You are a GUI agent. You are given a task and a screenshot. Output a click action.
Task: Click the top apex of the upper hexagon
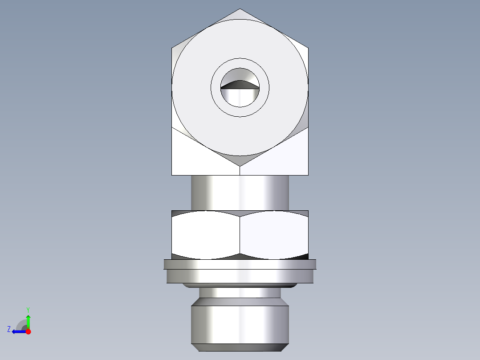coord(240,9)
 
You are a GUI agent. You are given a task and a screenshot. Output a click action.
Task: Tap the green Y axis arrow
coord(28,320)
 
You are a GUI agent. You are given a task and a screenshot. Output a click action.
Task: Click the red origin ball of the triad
coord(28,331)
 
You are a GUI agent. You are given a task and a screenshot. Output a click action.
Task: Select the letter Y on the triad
coord(28,309)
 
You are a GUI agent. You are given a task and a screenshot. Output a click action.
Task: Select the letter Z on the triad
coord(9,329)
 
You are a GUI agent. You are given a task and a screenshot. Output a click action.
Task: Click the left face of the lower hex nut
coord(205,234)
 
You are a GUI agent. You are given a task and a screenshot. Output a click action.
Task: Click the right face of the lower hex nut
coord(274,234)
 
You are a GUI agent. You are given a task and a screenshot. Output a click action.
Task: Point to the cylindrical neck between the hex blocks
coord(240,192)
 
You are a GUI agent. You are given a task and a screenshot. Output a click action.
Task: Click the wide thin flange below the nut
coord(240,264)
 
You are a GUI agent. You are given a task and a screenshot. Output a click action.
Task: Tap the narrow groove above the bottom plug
coord(240,293)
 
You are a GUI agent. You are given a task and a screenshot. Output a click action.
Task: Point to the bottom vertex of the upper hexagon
coord(240,166)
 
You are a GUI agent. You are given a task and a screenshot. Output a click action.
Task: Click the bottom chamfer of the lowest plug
coord(240,347)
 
